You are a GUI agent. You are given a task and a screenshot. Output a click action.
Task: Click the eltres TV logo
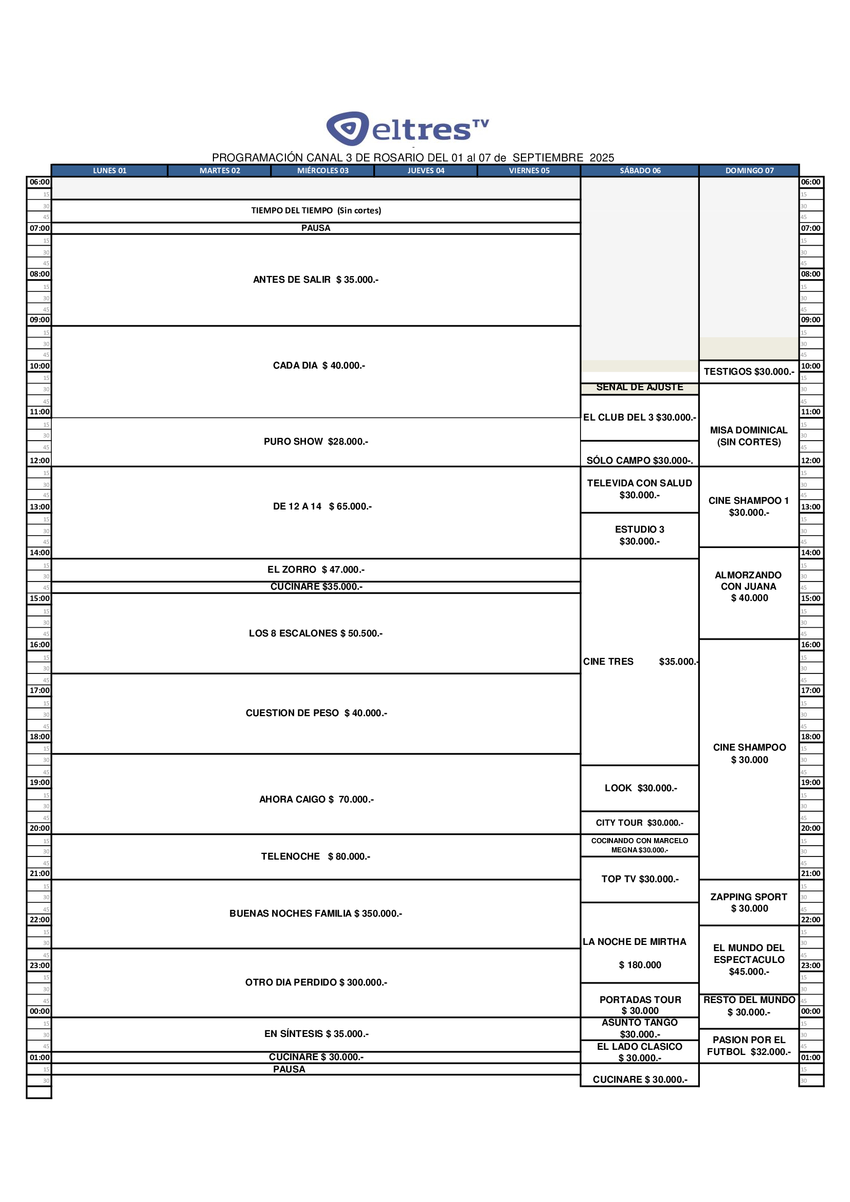(x=407, y=128)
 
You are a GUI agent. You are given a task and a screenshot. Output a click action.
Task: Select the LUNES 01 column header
(x=110, y=171)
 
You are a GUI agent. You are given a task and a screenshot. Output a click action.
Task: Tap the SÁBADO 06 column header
(x=640, y=171)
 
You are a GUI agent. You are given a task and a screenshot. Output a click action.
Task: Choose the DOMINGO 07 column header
(x=749, y=171)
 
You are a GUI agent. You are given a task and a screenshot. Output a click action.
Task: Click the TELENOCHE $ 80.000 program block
(x=315, y=857)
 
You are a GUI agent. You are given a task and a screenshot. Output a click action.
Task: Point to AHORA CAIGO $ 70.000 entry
(x=316, y=799)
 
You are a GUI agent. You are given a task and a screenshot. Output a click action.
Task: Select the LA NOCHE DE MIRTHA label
(x=634, y=942)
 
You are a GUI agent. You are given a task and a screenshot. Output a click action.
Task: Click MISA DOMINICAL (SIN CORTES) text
(x=748, y=436)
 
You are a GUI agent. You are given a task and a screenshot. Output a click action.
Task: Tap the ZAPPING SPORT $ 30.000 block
(x=748, y=903)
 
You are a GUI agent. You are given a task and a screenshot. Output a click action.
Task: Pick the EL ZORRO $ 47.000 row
(x=316, y=570)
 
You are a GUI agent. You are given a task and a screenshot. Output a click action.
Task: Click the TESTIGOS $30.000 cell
(x=748, y=372)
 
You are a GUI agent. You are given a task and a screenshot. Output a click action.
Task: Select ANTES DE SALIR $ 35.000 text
(x=315, y=280)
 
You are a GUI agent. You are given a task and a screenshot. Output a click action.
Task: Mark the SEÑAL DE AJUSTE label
(x=640, y=388)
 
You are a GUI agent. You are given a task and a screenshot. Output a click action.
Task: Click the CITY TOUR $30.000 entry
(x=640, y=823)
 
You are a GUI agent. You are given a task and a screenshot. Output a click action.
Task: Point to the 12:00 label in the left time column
(x=39, y=461)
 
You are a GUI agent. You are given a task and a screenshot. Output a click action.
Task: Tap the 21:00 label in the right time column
(x=810, y=873)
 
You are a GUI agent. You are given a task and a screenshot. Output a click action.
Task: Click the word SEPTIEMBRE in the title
(x=547, y=158)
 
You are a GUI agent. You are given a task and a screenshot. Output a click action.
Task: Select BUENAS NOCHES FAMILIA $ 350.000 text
(x=315, y=914)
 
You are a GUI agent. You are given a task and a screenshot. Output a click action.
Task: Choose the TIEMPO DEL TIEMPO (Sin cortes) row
(x=316, y=210)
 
